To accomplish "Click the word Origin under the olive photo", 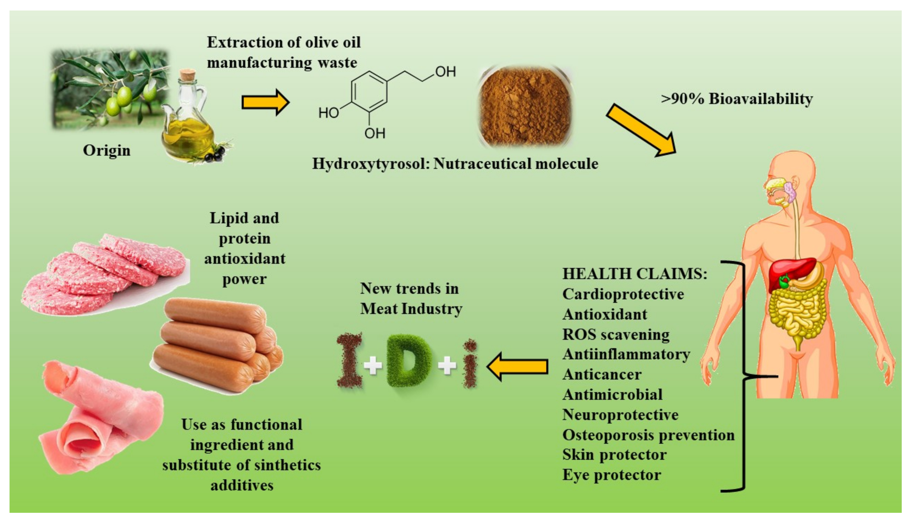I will pos(107,150).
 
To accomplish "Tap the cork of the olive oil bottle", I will pos(187,76).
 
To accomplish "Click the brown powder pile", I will pos(525,106).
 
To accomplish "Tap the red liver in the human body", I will pos(789,273).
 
